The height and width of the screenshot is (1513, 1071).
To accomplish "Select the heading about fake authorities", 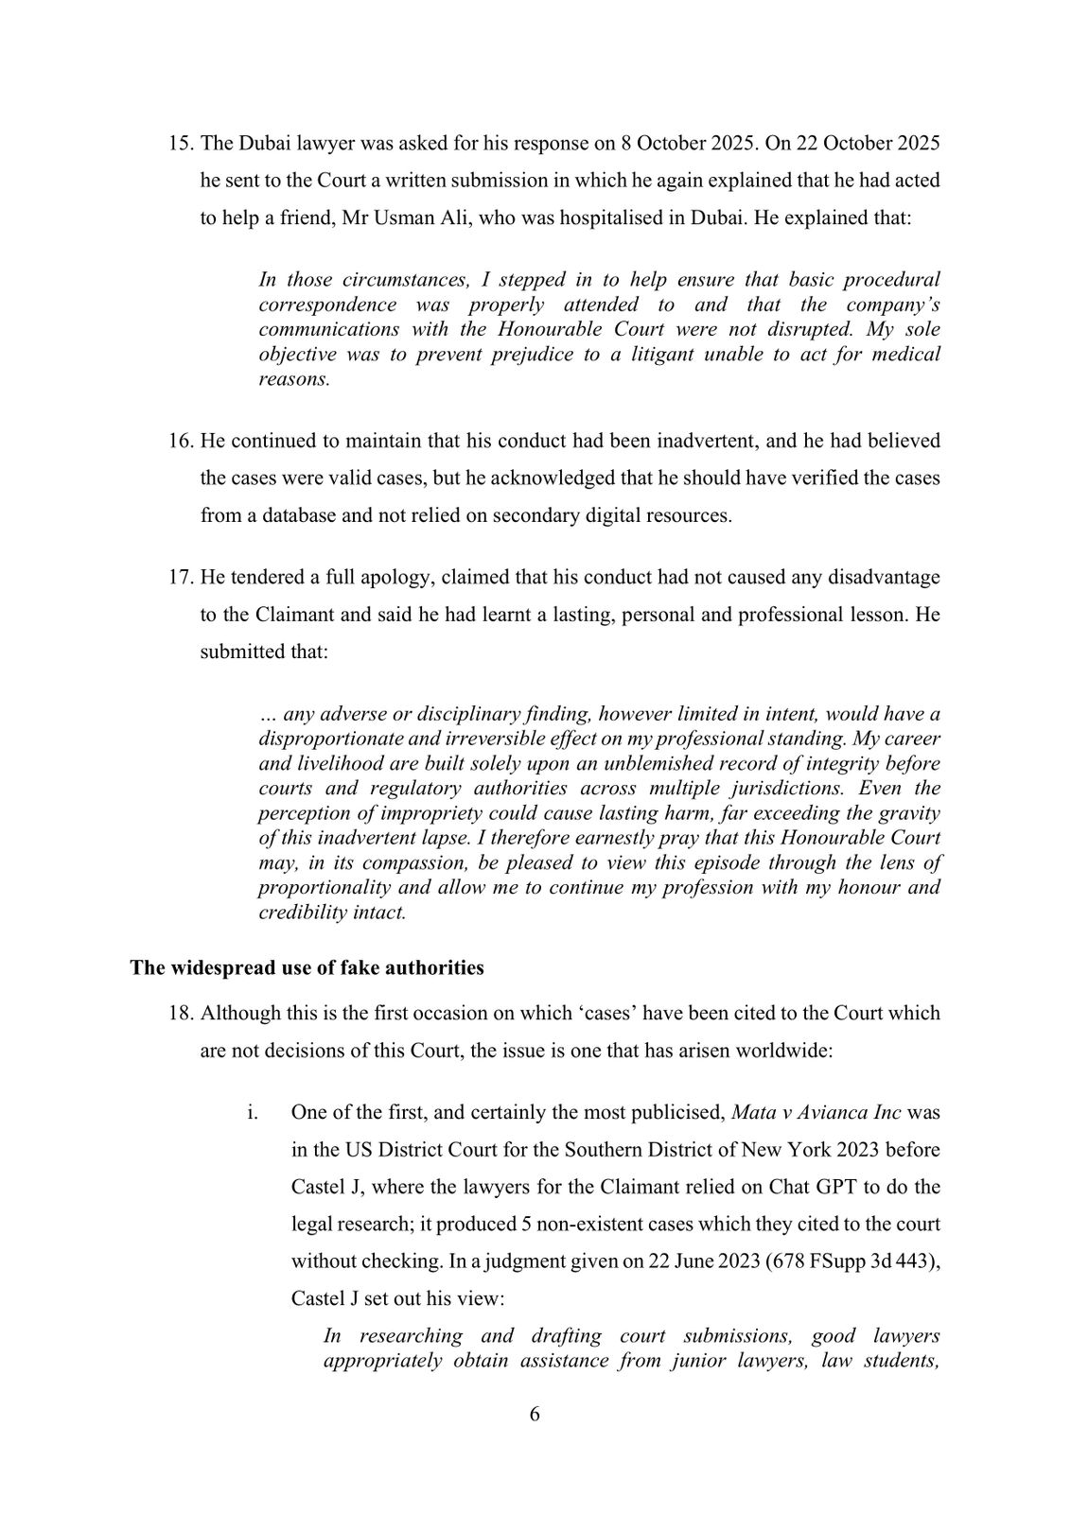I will coord(307,968).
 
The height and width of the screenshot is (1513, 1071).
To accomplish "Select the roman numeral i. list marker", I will coord(253,1112).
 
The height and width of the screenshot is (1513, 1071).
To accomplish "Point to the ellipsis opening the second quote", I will coord(266,715).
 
